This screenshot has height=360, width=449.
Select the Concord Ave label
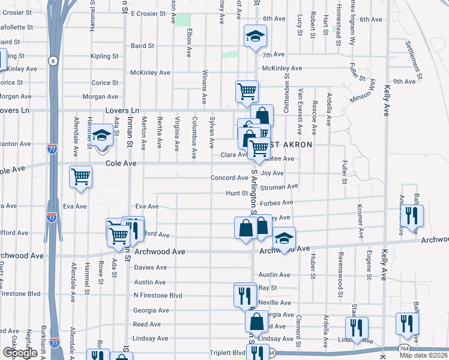pos(229,178)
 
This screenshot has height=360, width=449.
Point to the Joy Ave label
pos(273,173)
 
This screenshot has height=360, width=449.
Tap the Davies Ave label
pos(150,267)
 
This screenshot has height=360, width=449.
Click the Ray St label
pos(264,288)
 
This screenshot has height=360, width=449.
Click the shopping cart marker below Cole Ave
pos(80,177)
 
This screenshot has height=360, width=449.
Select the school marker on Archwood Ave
pos(284,239)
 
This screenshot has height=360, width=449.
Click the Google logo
pos(20,353)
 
